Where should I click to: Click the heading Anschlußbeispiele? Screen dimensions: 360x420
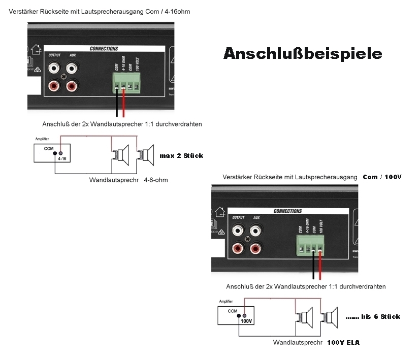pyautogui.click(x=303, y=54)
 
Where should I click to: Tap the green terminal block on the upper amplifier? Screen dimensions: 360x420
pyautogui.click(x=126, y=83)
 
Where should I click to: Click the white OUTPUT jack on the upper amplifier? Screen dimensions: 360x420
pyautogui.click(x=53, y=68)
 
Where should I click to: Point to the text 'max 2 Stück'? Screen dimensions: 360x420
pyautogui.click(x=181, y=155)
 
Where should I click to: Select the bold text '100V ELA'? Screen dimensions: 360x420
pyautogui.click(x=343, y=343)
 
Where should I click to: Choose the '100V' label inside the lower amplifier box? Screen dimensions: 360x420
pyautogui.click(x=246, y=321)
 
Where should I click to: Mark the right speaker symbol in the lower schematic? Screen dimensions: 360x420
pyautogui.click(x=331, y=316)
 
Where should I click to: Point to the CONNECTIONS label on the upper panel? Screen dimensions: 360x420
pyautogui.click(x=104, y=49)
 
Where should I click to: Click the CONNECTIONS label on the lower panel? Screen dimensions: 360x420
pyautogui.click(x=287, y=211)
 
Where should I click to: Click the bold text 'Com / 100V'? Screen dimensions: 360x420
pyautogui.click(x=382, y=177)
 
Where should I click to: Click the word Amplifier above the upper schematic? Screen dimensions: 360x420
pyautogui.click(x=43, y=139)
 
